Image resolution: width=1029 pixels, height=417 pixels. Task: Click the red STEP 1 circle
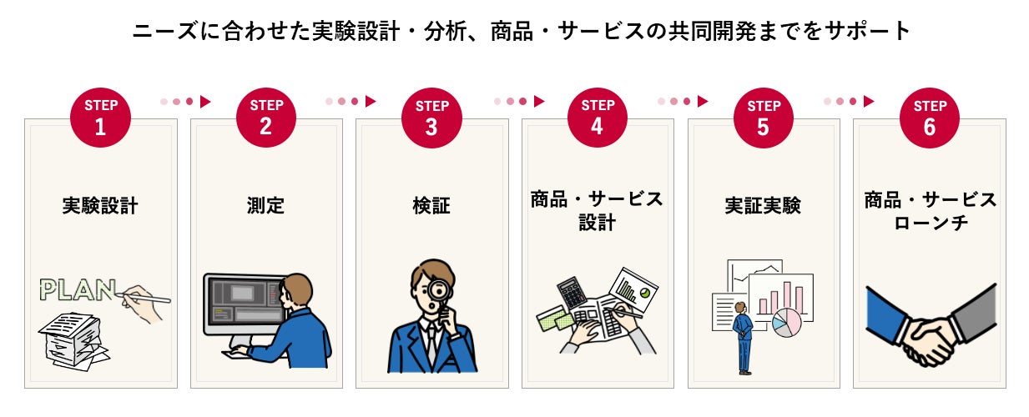click(x=101, y=117)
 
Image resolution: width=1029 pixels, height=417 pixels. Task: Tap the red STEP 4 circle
click(x=598, y=117)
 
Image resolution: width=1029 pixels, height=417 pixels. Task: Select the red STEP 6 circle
click(x=930, y=117)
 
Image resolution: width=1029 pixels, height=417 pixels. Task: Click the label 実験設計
click(x=100, y=205)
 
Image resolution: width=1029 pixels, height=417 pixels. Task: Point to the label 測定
click(x=266, y=205)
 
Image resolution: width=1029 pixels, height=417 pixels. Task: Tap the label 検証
click(x=431, y=205)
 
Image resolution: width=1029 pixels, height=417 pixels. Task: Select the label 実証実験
click(x=763, y=205)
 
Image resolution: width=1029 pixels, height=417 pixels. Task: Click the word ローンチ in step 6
click(x=930, y=224)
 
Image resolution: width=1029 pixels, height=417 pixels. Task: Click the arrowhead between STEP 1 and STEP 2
click(x=205, y=102)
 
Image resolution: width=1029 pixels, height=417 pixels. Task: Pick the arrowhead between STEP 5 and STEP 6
click(x=869, y=102)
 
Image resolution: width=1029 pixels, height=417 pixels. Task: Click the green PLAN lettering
click(x=78, y=289)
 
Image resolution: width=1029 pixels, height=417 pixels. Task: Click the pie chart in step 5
click(x=785, y=322)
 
